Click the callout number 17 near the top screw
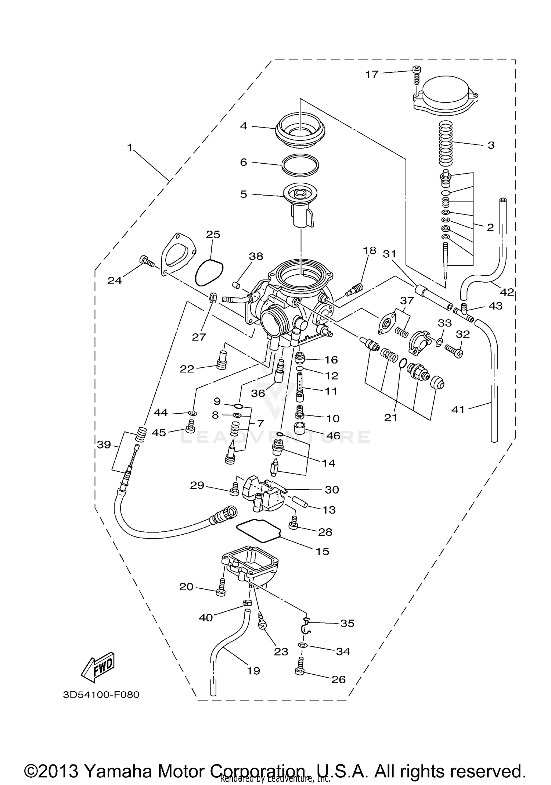coord(371,74)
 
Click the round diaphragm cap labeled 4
coord(300,131)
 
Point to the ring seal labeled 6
coord(300,164)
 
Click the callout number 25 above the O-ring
coord(213,234)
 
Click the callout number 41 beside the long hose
coord(458,409)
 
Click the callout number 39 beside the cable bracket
coord(104,445)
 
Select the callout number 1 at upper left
coord(129,148)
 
